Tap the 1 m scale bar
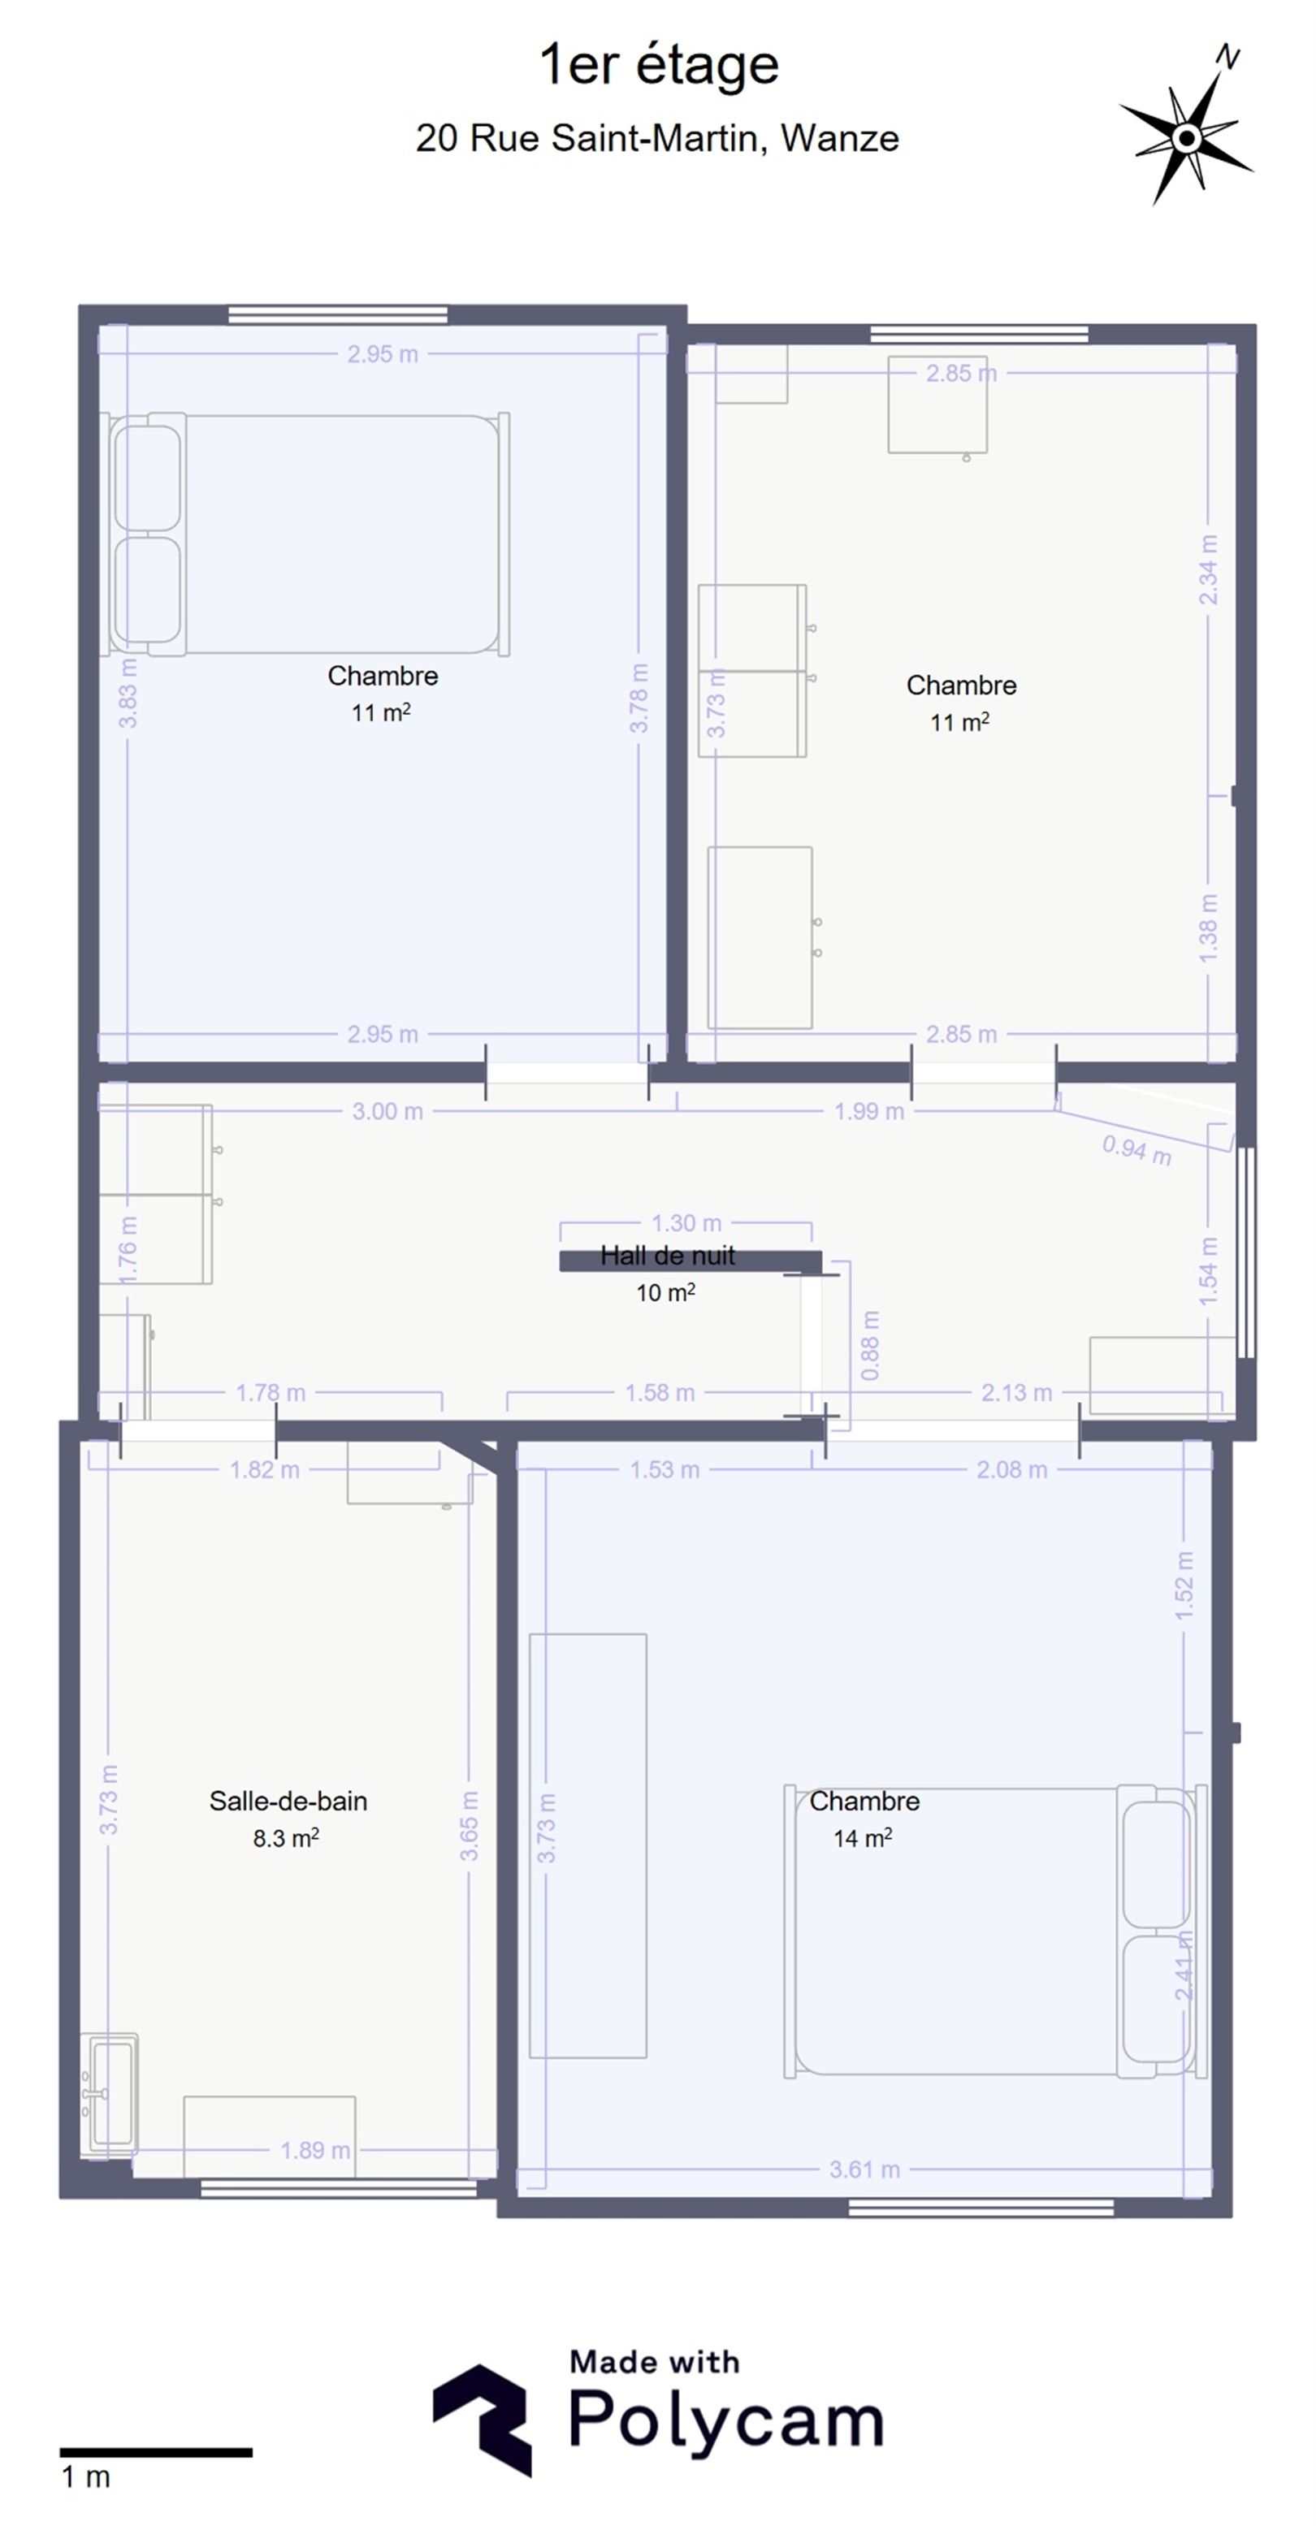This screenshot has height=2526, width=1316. [x=156, y=2452]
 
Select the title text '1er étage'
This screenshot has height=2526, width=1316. [x=659, y=66]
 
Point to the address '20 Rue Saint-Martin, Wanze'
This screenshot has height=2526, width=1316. [x=657, y=138]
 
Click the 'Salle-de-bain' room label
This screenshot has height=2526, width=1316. [x=288, y=1802]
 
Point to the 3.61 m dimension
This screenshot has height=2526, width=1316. [x=864, y=2170]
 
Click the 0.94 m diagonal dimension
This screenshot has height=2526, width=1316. [x=1136, y=1148]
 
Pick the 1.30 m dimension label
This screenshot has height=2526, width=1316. [x=686, y=1223]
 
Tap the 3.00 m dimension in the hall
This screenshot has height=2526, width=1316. [x=387, y=1111]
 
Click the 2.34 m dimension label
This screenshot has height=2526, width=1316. [x=1208, y=569]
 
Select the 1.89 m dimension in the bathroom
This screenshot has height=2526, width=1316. [x=314, y=2151]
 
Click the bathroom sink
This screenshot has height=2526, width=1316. [x=109, y=2094]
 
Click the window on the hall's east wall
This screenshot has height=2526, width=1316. [x=1245, y=1252]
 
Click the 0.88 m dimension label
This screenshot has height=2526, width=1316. [x=870, y=1345]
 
